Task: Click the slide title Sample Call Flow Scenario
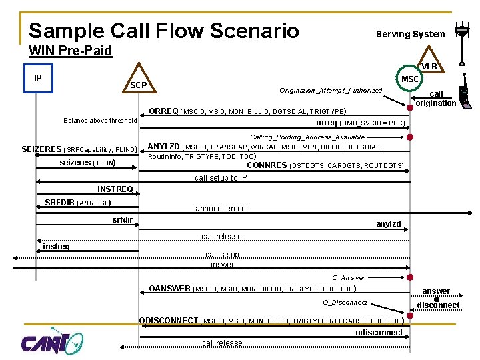164,30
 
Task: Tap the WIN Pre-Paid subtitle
71,51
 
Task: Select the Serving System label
410,34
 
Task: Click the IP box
37,78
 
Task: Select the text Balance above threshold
100,121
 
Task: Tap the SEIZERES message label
41,149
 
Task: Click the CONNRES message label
267,165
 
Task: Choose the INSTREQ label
115,189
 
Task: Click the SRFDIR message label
59,202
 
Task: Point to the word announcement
221,209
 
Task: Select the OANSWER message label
169,289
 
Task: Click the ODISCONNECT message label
169,320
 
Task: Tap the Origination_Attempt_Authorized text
331,90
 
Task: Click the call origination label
435,99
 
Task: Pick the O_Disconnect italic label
345,302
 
